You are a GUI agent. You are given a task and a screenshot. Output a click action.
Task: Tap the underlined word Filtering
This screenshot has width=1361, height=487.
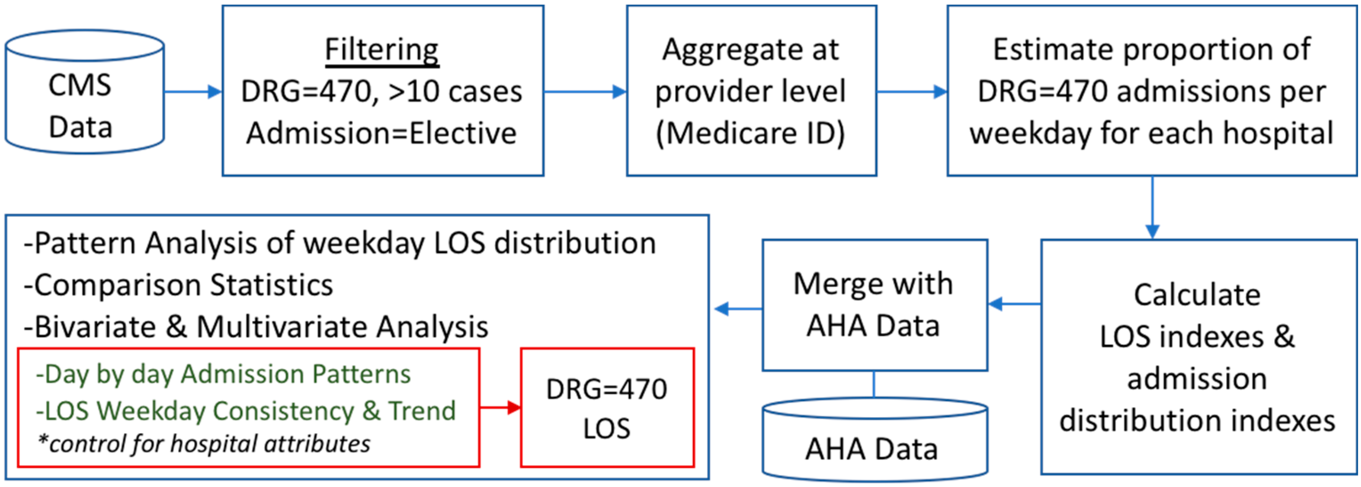[382, 50]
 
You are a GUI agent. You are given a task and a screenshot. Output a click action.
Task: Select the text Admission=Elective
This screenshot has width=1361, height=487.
[382, 133]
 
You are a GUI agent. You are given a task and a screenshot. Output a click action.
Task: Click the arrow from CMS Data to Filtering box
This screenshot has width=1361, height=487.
[193, 92]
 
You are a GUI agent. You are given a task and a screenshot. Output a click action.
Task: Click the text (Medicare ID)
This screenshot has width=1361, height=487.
[750, 133]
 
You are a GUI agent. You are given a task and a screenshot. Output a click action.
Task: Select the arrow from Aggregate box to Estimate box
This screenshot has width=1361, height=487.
[911, 92]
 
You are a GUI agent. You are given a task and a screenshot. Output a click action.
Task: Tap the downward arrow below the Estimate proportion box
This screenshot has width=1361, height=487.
[1152, 209]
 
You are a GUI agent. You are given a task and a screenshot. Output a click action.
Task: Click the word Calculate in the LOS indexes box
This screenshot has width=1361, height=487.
[1197, 295]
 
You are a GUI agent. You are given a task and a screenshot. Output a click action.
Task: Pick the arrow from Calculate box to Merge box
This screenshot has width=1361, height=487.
[1015, 304]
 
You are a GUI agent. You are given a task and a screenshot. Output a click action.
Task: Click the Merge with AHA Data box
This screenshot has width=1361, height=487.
[874, 305]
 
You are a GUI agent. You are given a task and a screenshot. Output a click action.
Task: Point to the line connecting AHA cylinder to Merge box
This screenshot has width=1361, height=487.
[874, 384]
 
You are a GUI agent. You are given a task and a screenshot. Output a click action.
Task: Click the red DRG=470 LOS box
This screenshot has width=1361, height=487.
[607, 408]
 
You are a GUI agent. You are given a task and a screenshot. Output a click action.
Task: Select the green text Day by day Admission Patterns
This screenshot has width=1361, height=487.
[223, 374]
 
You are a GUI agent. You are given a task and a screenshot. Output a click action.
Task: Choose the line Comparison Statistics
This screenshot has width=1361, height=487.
[179, 285]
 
